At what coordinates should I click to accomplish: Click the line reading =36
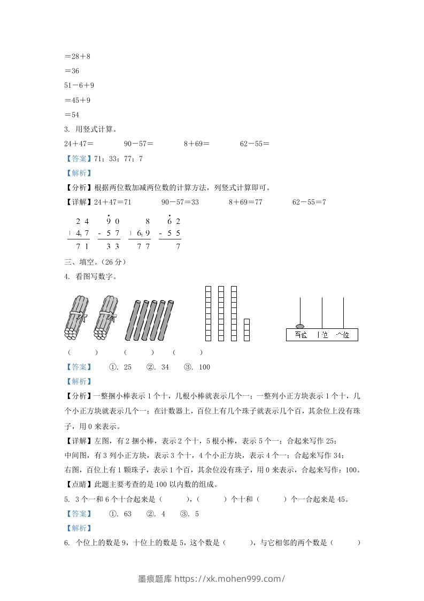pos(72,70)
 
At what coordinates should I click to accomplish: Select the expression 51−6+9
pos(79,85)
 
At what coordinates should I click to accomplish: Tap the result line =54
pos(72,115)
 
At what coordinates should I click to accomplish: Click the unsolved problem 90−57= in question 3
pos(138,144)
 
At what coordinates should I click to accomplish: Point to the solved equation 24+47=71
pos(113,202)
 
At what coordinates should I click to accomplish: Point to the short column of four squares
pos(246,329)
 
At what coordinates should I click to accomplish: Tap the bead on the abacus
pos(299,326)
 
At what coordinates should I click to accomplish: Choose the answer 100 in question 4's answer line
pos(204,367)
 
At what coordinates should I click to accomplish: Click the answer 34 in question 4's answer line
pos(165,367)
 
